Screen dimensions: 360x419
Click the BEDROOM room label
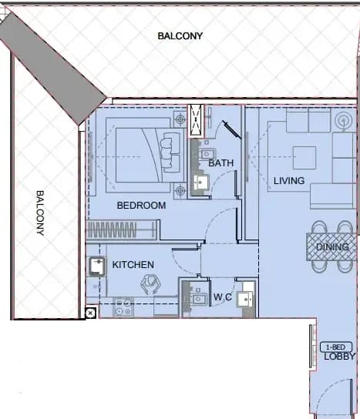pos(141,205)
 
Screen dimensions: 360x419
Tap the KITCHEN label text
pos(133,264)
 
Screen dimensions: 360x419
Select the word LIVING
pos(289,181)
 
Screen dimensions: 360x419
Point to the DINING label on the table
pos(332,246)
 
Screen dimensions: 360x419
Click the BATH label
pos(220,163)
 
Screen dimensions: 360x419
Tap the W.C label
pos(223,297)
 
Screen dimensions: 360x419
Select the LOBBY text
pos(339,356)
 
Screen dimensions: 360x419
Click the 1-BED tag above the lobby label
pos(335,347)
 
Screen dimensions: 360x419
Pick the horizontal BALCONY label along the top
pos(180,35)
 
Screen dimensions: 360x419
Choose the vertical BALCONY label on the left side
pos(40,213)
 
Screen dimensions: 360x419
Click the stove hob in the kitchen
pos(123,307)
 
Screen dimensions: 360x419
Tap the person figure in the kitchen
pos(150,284)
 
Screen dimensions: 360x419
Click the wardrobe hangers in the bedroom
pos(112,230)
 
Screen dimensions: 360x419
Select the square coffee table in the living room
pos(304,158)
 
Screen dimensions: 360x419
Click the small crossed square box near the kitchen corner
pos(90,313)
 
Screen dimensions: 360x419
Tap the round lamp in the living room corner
pos(343,121)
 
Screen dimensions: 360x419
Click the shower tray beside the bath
pos(196,121)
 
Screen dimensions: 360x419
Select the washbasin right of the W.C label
pos(244,300)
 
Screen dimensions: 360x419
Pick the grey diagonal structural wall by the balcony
pos(52,67)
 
